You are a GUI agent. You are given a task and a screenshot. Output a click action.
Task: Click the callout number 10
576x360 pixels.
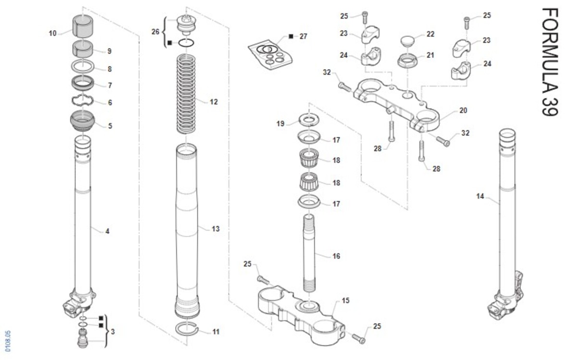52,33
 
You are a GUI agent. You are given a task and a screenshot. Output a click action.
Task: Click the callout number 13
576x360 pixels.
216,229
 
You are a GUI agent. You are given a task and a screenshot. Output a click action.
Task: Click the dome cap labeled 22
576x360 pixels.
409,38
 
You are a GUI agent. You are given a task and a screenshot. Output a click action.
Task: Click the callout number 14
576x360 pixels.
480,196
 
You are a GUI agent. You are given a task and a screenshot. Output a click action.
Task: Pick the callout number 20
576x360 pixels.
463,110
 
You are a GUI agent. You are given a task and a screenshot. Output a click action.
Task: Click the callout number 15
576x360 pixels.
346,300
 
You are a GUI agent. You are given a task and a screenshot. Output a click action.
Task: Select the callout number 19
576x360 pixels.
280,123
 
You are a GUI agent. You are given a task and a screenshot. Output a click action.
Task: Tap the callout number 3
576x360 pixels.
112,331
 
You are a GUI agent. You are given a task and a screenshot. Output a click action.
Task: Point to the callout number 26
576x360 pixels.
155,32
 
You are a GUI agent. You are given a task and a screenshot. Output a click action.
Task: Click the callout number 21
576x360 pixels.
430,55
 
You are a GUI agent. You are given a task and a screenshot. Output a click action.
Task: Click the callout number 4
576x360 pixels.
107,231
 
